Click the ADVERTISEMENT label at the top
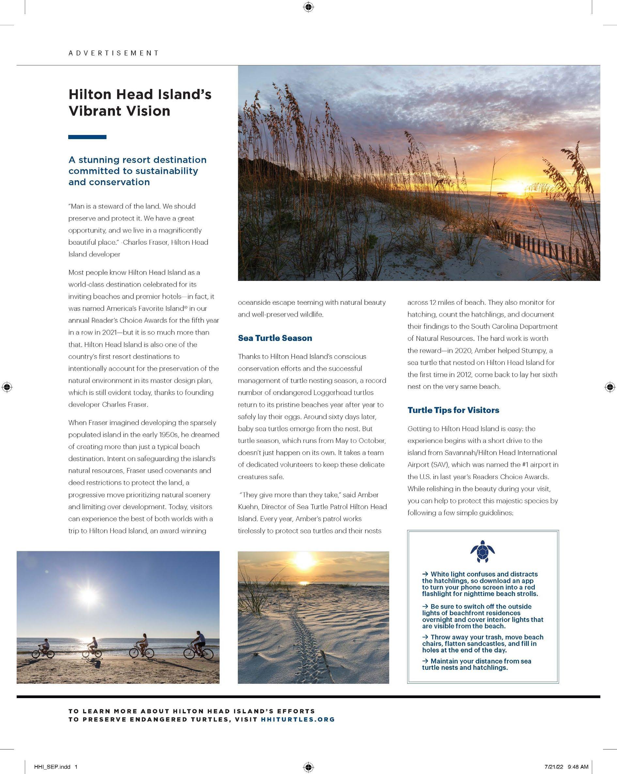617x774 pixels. (x=114, y=53)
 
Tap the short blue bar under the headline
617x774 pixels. (x=87, y=137)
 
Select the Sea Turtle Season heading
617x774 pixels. (x=275, y=338)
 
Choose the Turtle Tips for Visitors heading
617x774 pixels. (x=453, y=410)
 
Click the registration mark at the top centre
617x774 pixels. (x=308, y=7)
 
